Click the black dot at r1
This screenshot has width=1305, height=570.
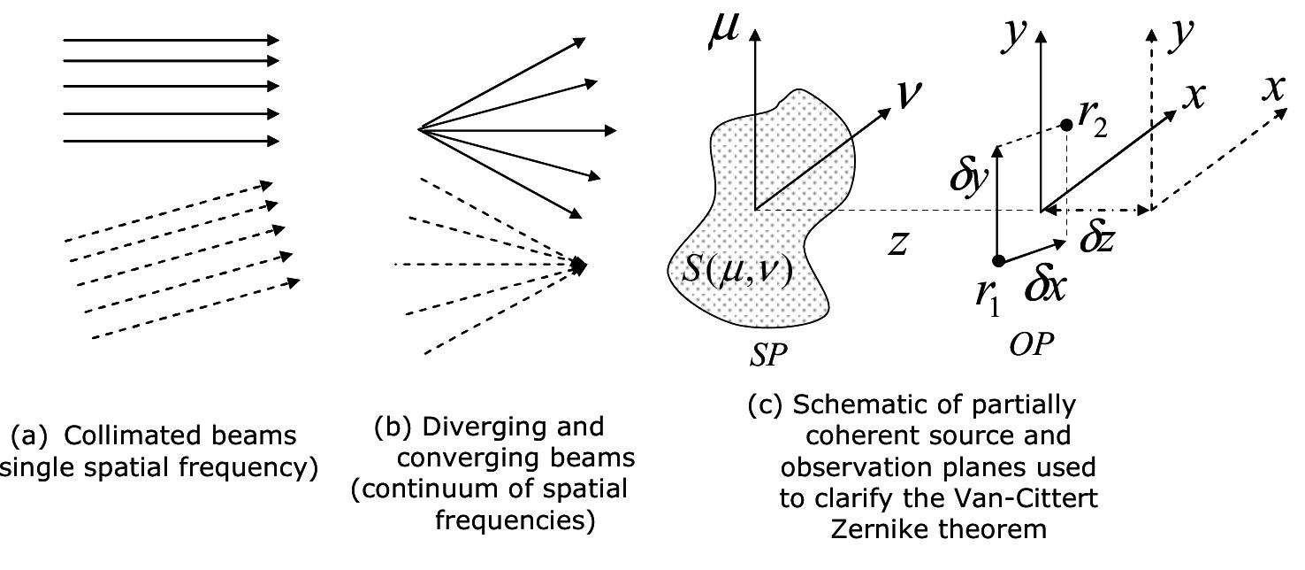coord(998,260)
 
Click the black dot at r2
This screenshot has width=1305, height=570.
coord(1067,125)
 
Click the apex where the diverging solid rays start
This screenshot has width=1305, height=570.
coord(419,130)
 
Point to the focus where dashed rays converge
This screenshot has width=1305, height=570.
coord(580,265)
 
